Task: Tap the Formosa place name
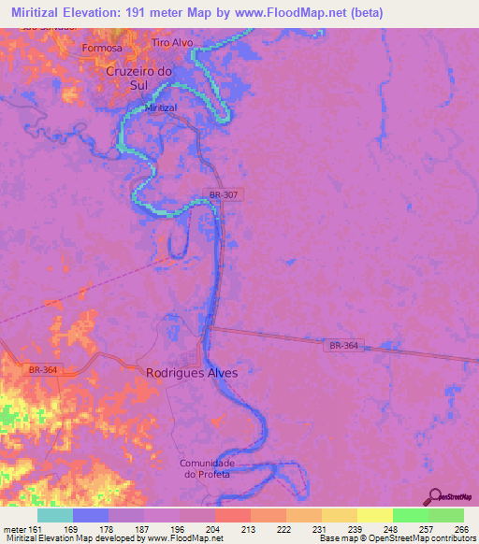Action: click(x=102, y=48)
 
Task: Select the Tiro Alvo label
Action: click(x=174, y=43)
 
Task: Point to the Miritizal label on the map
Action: click(x=161, y=108)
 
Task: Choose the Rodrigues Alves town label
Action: click(x=192, y=372)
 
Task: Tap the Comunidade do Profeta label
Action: click(x=210, y=468)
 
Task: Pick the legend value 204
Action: click(x=214, y=529)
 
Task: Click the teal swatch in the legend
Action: click(x=55, y=515)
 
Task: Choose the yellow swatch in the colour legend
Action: click(x=375, y=515)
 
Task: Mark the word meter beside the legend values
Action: click(x=14, y=529)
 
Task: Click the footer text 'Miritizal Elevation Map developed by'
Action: click(x=56, y=538)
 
